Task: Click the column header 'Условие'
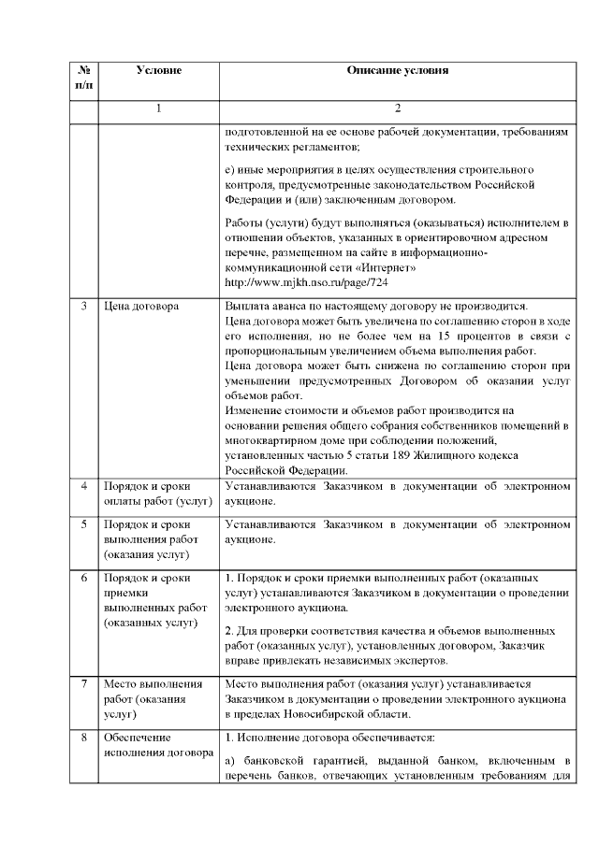pyautogui.click(x=158, y=70)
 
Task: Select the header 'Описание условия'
pyautogui.click(x=397, y=70)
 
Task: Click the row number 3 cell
pyautogui.click(x=84, y=306)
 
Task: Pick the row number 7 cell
pyautogui.click(x=84, y=685)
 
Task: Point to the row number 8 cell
pyautogui.click(x=84, y=737)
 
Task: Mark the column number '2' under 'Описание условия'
pyautogui.click(x=397, y=108)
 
